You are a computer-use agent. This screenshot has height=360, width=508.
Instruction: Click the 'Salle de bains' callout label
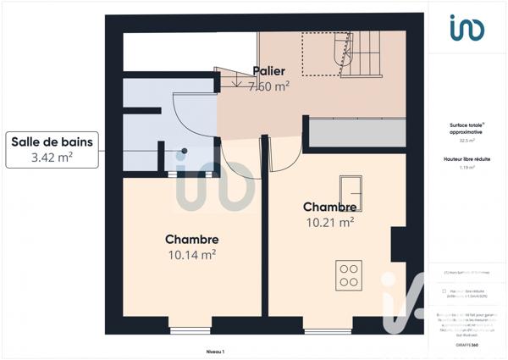51,142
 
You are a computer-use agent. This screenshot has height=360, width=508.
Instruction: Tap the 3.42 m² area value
51,158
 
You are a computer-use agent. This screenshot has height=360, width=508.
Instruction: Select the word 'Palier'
268,71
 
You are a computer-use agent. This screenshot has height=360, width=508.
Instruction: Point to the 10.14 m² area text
191,253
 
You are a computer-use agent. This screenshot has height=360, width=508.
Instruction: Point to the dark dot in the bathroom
184,152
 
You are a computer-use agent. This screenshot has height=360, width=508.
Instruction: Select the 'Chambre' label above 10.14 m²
192,240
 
